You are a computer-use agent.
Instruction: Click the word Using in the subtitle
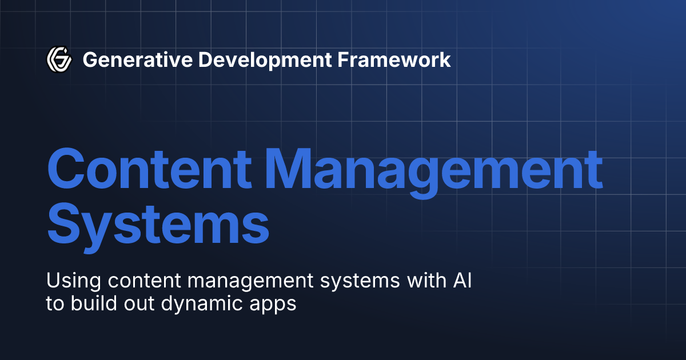click(x=70, y=281)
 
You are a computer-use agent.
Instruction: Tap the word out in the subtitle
click(x=138, y=304)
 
